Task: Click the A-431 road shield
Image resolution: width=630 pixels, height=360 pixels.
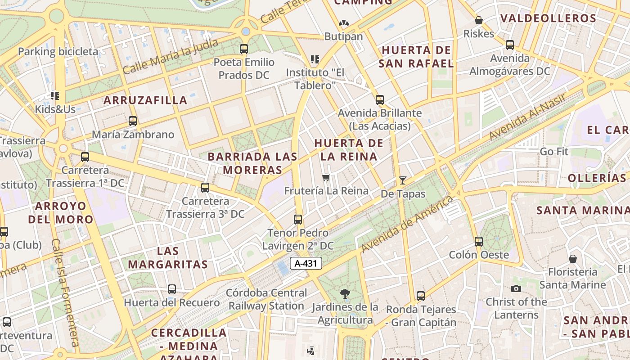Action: (306, 264)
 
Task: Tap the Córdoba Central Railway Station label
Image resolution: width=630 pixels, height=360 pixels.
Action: (266, 299)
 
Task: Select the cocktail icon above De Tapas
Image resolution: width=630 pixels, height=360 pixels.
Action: (403, 180)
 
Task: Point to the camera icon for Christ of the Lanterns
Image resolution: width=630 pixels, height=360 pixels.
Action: (516, 288)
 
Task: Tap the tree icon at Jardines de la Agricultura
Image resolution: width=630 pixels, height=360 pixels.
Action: (345, 294)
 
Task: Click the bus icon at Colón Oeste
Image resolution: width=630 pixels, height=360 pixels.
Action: (479, 242)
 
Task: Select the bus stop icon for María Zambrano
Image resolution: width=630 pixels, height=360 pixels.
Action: (133, 121)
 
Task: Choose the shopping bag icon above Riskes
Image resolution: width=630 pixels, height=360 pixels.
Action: (479, 20)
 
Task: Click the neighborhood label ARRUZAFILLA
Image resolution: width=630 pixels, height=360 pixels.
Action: (145, 100)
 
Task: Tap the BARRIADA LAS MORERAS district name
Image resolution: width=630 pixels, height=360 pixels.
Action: (252, 163)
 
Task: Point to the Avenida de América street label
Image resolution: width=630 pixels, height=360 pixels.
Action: (407, 224)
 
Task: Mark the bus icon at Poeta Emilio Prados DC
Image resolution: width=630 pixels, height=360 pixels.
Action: (244, 49)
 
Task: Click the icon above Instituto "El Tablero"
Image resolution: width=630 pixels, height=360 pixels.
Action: (315, 59)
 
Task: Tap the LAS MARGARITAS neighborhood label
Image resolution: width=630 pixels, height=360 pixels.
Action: (168, 257)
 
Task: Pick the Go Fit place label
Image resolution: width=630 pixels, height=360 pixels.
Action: (554, 152)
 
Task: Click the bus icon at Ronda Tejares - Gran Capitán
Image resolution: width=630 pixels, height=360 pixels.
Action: (421, 296)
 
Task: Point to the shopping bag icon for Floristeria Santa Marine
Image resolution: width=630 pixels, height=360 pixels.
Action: (573, 259)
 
